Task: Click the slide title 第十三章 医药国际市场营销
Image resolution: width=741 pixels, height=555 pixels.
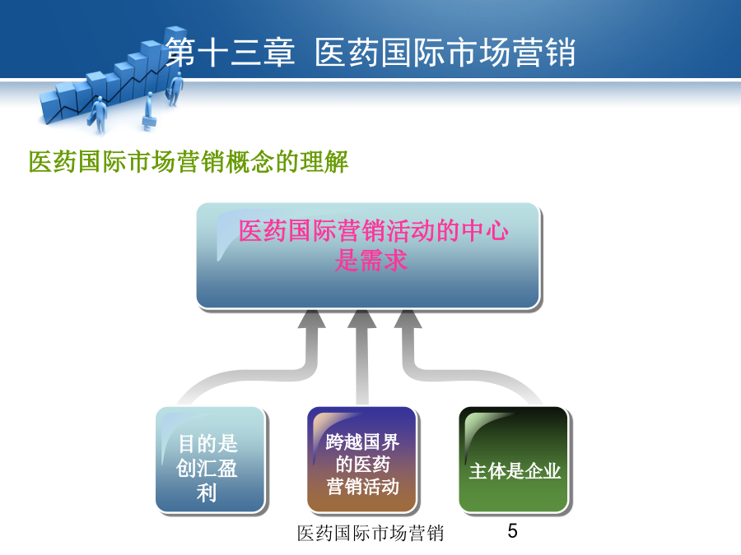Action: [x=370, y=52]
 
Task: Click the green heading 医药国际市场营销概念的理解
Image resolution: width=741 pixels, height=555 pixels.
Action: [x=188, y=162]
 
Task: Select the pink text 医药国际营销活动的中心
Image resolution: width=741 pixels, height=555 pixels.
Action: [x=373, y=231]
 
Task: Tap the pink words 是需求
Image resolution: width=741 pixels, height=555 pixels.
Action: [x=371, y=260]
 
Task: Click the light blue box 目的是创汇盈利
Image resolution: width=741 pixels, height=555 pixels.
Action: [x=210, y=460]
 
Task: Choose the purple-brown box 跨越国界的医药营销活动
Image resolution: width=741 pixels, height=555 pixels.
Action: [x=362, y=460]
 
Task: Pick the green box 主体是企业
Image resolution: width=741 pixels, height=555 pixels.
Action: [x=514, y=460]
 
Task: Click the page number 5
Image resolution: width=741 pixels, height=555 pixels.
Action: [x=513, y=531]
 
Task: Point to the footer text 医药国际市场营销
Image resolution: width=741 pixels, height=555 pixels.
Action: [x=370, y=534]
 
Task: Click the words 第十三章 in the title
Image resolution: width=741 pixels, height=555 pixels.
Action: [x=231, y=52]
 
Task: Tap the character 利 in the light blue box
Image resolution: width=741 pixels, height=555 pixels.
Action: [x=207, y=493]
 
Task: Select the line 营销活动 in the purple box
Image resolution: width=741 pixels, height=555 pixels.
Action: [x=363, y=486]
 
